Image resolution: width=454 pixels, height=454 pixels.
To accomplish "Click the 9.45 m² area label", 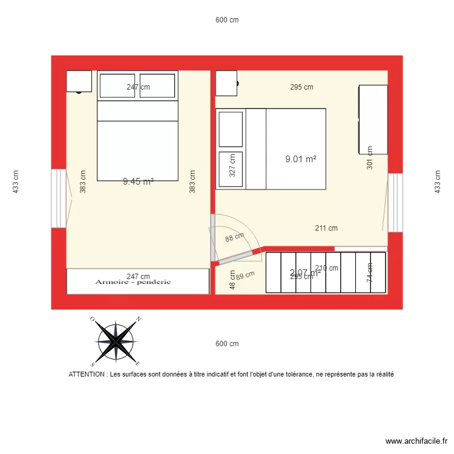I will pos(138,181).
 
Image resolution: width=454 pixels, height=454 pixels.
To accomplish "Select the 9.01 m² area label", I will pos(301,159).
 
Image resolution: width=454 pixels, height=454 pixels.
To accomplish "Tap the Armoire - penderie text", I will pos(133,282).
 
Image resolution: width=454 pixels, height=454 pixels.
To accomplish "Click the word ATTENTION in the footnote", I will pos(87,375).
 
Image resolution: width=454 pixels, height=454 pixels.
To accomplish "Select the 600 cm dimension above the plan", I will pos(227,20).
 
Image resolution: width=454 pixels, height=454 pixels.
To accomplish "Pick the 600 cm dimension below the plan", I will pos(227,344).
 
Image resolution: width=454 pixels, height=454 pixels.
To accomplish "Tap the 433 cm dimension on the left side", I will pos(16,181).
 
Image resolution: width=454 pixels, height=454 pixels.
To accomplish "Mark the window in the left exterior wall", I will pos(59,199).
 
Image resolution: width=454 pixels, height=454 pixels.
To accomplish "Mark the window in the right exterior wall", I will pos(395,203).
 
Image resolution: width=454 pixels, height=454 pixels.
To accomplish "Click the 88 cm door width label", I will pos(234,237).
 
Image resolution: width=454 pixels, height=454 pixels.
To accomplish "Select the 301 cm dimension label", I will pos(370,160).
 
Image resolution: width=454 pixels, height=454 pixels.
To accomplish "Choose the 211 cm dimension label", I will pos(326,228).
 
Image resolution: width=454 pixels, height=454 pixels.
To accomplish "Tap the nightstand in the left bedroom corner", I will pos(79,81).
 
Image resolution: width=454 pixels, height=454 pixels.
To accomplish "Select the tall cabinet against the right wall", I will pos(373,119).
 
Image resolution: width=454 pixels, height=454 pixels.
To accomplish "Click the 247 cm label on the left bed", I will pos(138,87).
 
